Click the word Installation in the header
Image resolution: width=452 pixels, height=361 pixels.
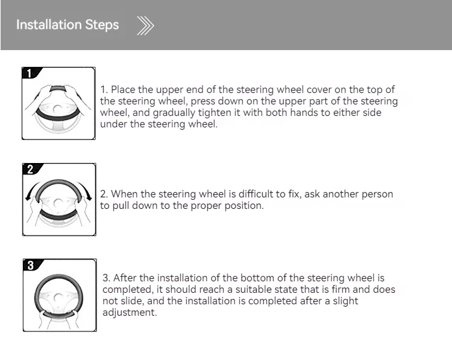[x=49, y=25]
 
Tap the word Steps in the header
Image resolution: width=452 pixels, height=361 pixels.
[x=102, y=25]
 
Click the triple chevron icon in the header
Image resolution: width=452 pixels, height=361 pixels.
[x=146, y=26]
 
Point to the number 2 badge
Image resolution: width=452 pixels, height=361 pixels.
[x=31, y=169]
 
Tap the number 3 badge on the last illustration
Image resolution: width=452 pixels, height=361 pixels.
[x=31, y=265]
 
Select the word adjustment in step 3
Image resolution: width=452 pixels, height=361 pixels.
[x=130, y=313]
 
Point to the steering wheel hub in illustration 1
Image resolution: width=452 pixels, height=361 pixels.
[x=58, y=110]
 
